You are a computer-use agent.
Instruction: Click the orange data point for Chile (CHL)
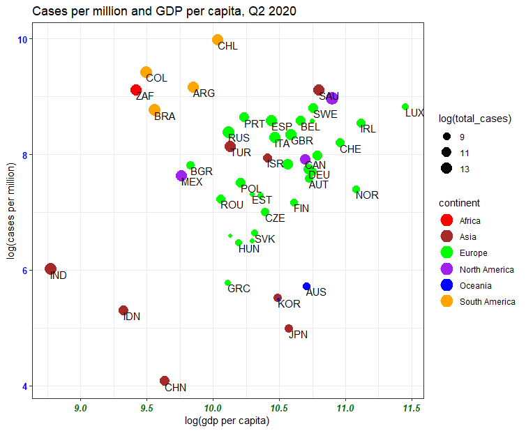point(218,40)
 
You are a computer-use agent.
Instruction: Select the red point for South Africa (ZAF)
point(137,90)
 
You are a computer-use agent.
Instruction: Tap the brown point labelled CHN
point(165,381)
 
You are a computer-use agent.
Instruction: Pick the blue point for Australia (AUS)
point(306,286)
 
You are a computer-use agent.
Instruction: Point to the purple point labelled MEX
point(181,176)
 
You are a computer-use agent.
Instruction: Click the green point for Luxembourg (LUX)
point(405,107)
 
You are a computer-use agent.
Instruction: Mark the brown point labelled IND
point(50,269)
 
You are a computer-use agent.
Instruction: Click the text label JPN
point(298,335)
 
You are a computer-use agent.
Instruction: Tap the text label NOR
point(367,195)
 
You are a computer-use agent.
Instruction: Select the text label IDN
point(132,317)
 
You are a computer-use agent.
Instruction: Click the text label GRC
point(239,289)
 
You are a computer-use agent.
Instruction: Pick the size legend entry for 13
point(464,168)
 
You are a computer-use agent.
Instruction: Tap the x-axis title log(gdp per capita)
point(227,421)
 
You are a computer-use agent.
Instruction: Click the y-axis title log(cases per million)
point(10,211)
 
